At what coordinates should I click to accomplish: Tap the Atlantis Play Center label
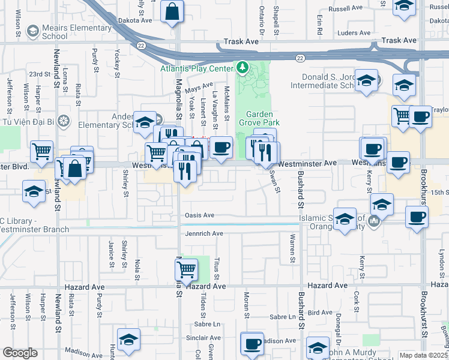[x=196, y=68]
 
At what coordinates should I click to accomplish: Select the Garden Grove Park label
[x=260, y=119]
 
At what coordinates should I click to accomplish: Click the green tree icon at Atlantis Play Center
[x=243, y=67]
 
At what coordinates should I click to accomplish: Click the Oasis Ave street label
[x=200, y=215]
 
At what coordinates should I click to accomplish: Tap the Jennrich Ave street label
[x=204, y=233]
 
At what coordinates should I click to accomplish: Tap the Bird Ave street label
[x=320, y=313]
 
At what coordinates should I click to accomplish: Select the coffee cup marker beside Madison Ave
[x=252, y=344]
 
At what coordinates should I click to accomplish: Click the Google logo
[x=20, y=353]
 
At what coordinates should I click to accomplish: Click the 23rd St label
[x=39, y=74]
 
